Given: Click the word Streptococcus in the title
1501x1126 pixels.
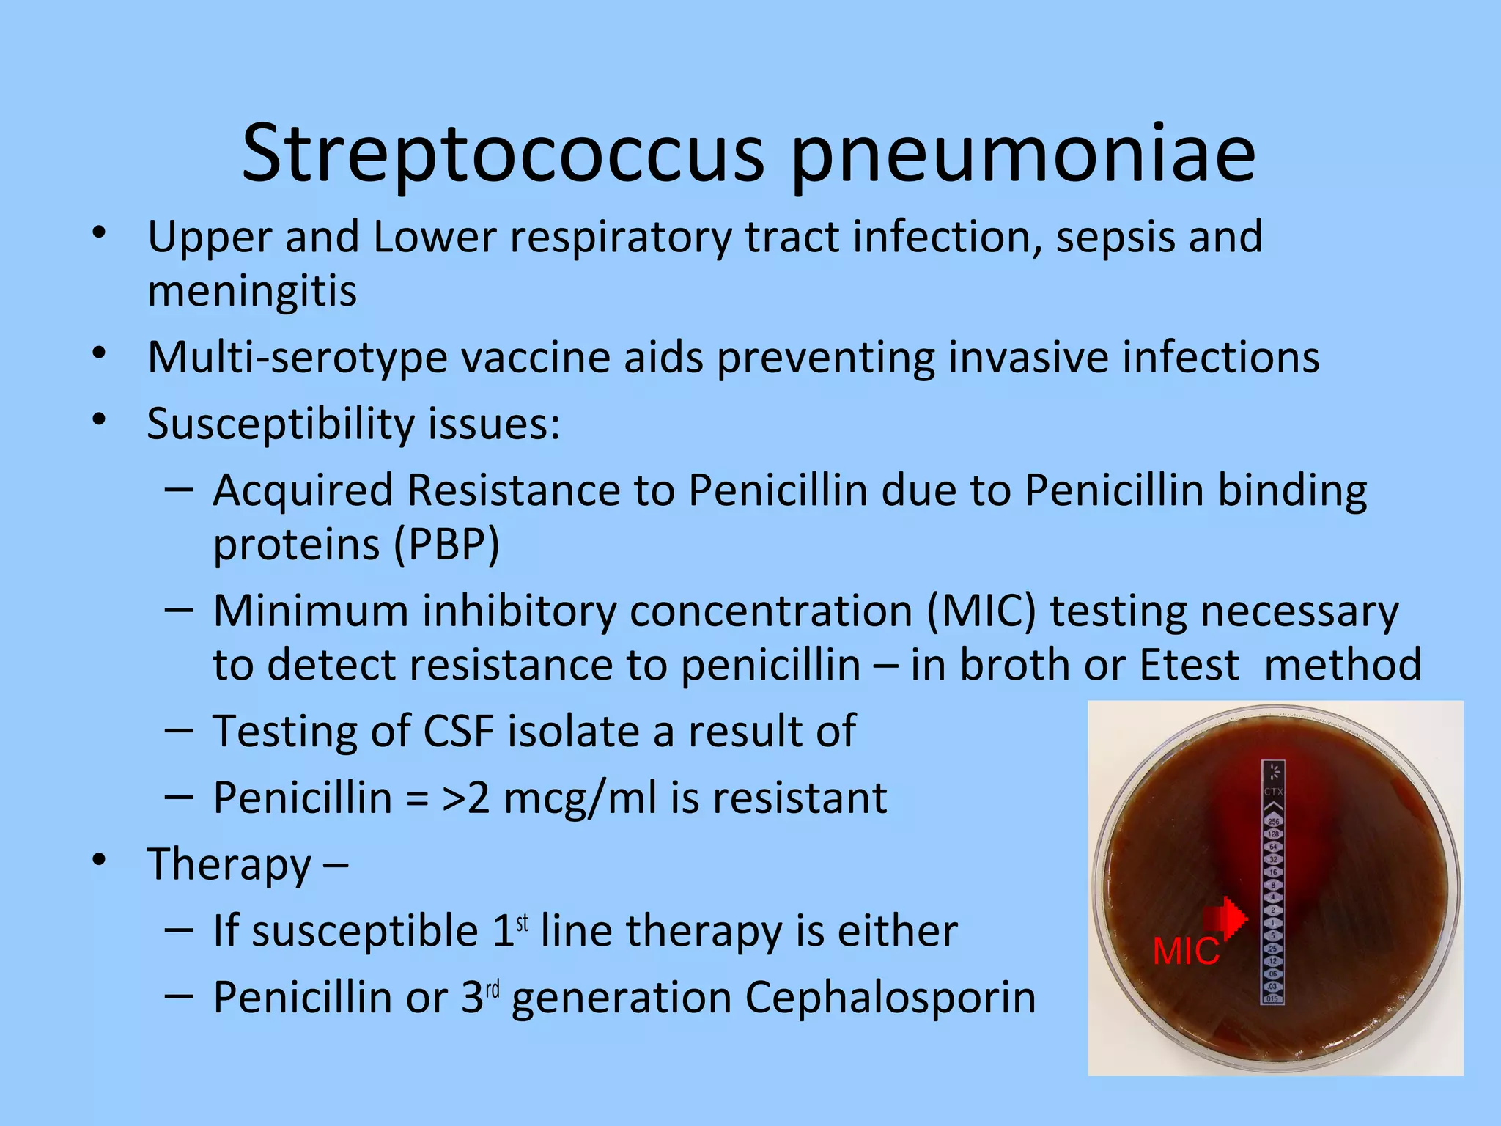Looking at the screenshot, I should point(503,155).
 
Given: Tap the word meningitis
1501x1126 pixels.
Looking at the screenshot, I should point(252,291).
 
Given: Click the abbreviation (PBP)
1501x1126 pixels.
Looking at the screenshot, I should point(446,545).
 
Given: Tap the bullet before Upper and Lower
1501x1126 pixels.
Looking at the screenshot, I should point(100,234).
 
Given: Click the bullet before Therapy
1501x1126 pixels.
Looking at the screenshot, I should point(100,861).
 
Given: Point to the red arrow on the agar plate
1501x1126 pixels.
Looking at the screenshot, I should point(1225,917).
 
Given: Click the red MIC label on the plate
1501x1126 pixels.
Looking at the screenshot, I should point(1186,952).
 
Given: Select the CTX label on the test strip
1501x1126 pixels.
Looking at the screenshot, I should point(1273,792).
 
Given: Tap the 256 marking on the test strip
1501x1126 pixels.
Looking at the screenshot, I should point(1273,822).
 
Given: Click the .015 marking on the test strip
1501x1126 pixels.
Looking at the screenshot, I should point(1272,998).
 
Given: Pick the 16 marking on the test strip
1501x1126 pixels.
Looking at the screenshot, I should point(1273,872).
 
